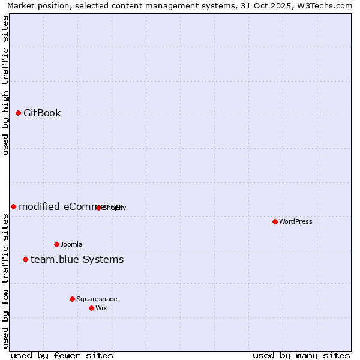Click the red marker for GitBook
tap(18, 113)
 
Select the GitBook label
tap(42, 113)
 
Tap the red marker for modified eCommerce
tap(13, 206)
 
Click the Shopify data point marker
tap(98, 208)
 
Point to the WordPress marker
tap(275, 221)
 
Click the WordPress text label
tap(296, 221)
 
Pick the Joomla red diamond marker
tap(56, 244)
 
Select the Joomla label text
tap(71, 244)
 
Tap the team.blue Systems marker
tap(25, 259)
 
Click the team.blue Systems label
tap(77, 259)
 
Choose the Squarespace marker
tap(72, 299)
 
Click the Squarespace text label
tap(97, 299)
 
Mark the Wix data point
tap(91, 308)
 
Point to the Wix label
tap(101, 308)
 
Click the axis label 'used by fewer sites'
tap(62, 355)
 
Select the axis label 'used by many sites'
tap(301, 355)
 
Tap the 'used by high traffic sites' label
tap(6, 85)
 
